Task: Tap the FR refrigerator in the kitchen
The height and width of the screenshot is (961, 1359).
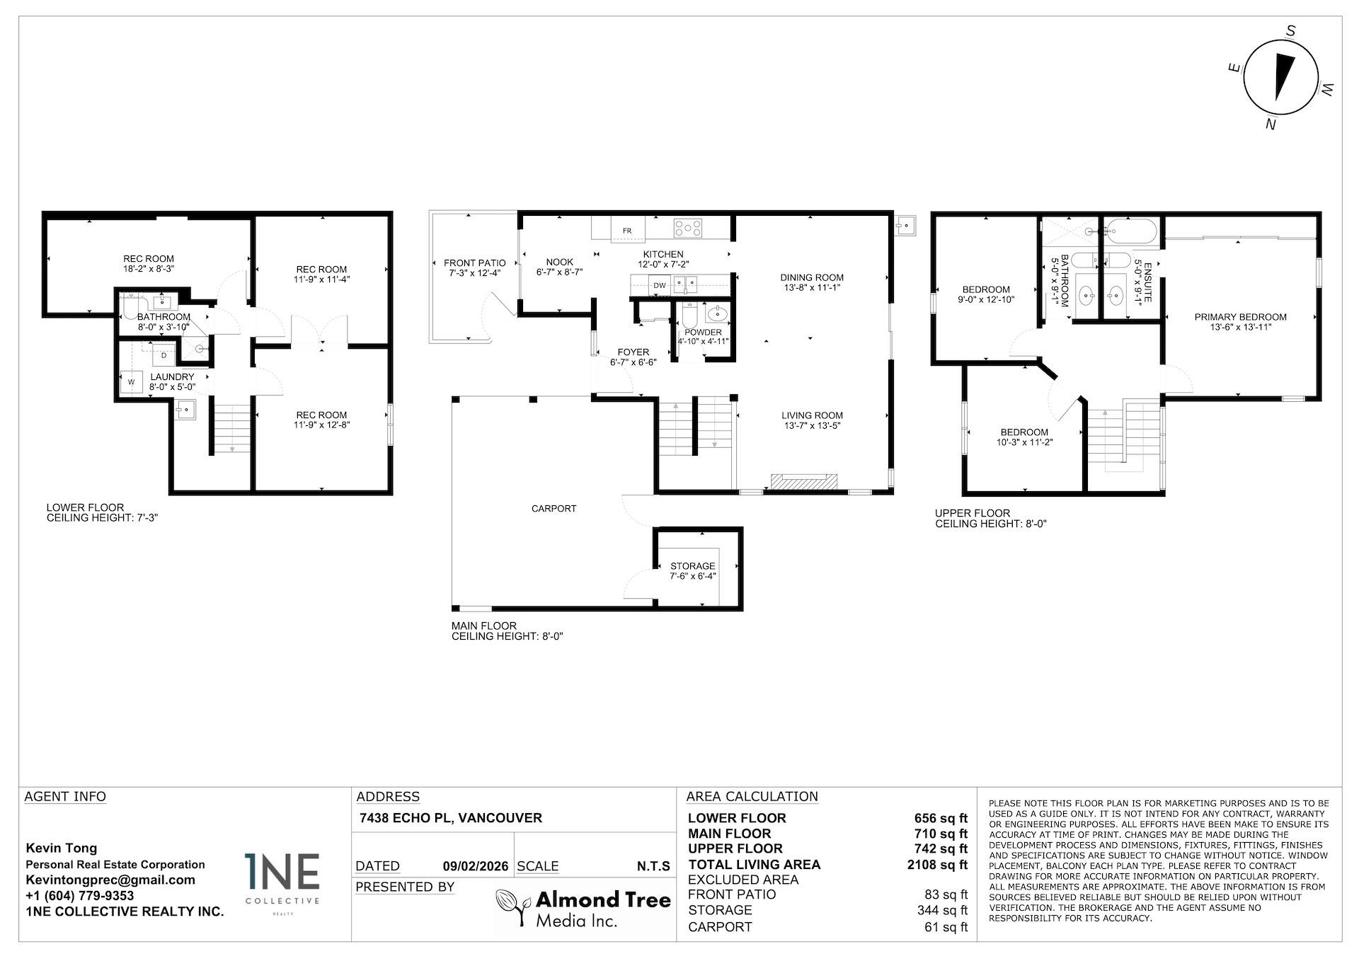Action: tap(626, 230)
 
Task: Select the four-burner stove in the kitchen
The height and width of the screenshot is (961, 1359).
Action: tap(687, 228)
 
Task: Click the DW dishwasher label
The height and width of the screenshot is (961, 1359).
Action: tap(659, 285)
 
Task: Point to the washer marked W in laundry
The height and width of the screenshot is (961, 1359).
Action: tap(131, 381)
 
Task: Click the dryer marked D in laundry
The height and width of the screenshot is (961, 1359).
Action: tap(164, 355)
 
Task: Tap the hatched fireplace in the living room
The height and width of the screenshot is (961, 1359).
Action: tap(803, 481)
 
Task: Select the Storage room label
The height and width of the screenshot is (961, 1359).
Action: tap(692, 566)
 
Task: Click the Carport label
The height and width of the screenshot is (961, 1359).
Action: tap(554, 508)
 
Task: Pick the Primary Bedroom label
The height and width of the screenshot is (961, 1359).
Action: tap(1240, 317)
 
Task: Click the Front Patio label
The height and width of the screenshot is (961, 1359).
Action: tap(474, 263)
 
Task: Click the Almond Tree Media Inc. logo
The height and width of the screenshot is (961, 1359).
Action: tap(583, 908)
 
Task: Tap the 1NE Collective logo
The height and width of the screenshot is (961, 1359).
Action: tap(282, 881)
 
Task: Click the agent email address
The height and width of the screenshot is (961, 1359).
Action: tap(110, 880)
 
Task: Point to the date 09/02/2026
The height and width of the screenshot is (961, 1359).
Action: tap(475, 865)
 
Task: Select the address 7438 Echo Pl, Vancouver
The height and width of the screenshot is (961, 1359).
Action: tap(451, 817)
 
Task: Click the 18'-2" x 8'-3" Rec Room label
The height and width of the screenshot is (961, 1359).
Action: tap(149, 264)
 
